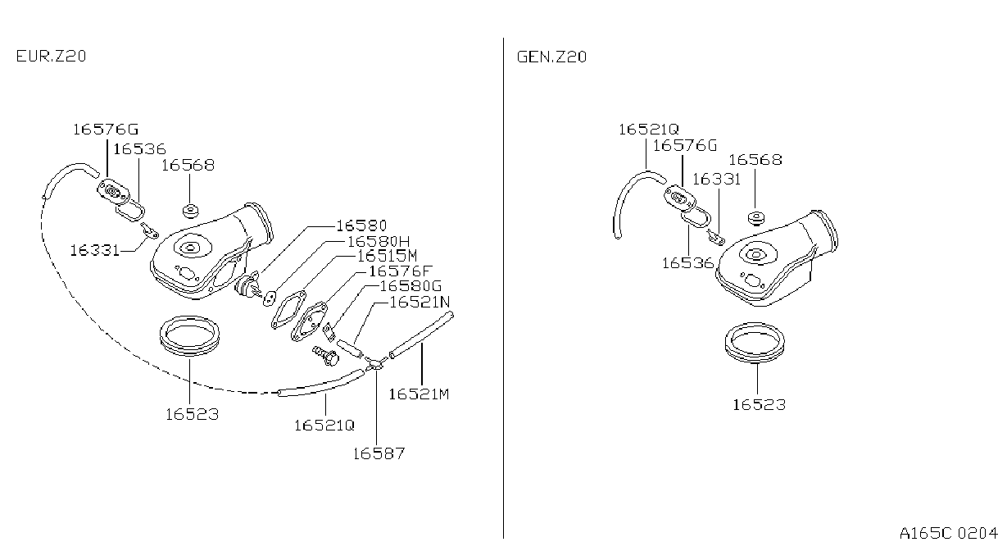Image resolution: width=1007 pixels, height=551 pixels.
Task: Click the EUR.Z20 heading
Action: [51, 57]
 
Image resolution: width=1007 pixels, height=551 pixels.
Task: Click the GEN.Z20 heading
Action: [551, 57]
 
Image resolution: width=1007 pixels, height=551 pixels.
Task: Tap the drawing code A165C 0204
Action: [949, 533]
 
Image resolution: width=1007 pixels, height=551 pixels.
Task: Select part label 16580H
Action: [379, 242]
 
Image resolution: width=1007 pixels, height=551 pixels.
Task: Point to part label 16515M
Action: [387, 256]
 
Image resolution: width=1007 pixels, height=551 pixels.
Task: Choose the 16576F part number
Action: [400, 271]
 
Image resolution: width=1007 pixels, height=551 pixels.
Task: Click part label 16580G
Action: [411, 286]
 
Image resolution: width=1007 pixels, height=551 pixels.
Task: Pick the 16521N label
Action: [420, 302]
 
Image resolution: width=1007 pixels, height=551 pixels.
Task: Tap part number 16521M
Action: [419, 394]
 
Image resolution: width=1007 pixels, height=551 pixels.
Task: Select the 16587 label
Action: [379, 453]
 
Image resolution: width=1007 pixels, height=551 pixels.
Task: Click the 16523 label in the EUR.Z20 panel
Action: [192, 414]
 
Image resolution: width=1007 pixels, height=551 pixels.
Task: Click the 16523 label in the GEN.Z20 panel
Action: [760, 405]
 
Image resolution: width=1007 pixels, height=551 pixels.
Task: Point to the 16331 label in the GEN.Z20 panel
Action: [716, 180]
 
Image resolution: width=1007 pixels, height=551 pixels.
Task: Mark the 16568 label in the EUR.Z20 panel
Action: [188, 165]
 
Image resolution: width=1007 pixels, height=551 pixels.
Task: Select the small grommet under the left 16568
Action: [191, 211]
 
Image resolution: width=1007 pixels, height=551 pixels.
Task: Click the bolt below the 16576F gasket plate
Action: [325, 356]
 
